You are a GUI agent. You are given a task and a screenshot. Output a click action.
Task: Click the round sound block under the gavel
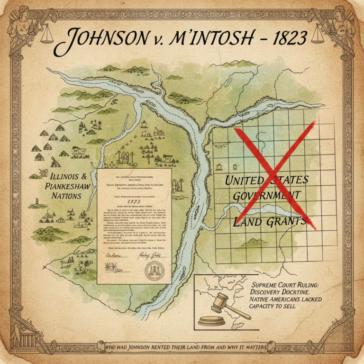[x=211, y=320]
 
